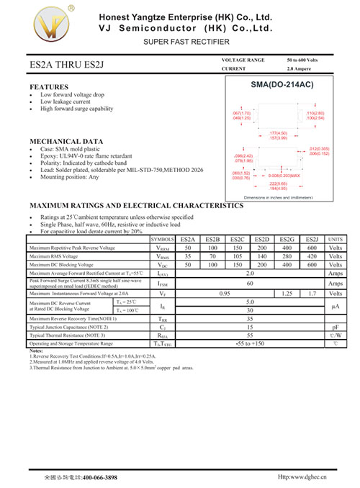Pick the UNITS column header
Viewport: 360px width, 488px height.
pyautogui.click(x=336, y=238)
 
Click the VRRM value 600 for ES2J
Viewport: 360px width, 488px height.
pyautogui.click(x=312, y=248)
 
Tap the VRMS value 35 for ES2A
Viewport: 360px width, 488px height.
pyautogui.click(x=188, y=256)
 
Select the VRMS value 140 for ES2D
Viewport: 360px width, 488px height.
pyautogui.click(x=262, y=256)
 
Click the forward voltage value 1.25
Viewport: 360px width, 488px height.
pyautogui.click(x=287, y=294)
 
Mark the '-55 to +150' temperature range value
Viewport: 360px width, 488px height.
pyautogui.click(x=250, y=343)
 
